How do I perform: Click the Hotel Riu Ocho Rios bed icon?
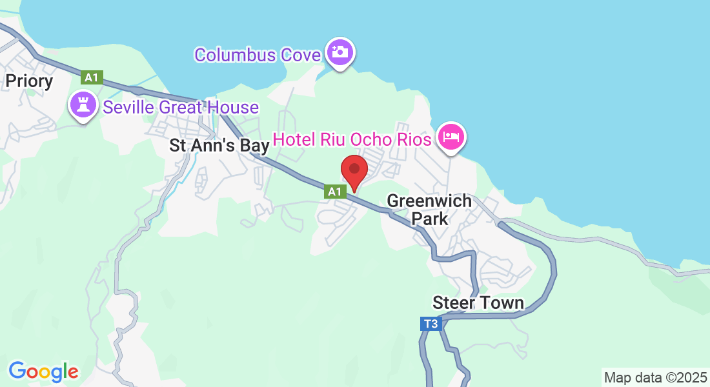[x=451, y=136]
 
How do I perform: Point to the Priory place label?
[x=29, y=81]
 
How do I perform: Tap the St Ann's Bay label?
[x=219, y=146]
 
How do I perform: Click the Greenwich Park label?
[x=429, y=210]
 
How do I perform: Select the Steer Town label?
[x=478, y=303]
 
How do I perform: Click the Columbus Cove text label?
[x=258, y=55]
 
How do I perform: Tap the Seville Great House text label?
[x=181, y=107]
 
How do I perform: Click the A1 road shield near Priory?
[x=92, y=77]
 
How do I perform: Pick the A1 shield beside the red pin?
[x=334, y=191]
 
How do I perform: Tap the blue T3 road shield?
[x=431, y=324]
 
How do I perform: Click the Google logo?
[x=43, y=372]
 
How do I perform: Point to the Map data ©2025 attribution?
[x=654, y=377]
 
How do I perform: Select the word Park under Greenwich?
[x=430, y=219]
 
